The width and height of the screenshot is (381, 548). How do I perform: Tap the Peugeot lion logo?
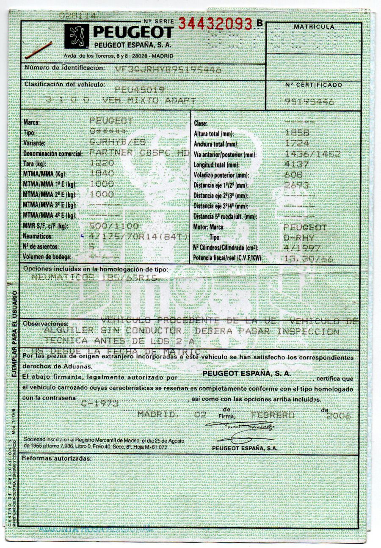(x=77, y=36)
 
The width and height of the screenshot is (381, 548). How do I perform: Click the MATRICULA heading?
(x=314, y=27)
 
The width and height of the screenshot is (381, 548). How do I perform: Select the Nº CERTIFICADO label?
(x=313, y=85)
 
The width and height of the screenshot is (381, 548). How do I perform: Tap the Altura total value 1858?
(x=297, y=132)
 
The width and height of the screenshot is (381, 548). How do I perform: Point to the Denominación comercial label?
(x=53, y=154)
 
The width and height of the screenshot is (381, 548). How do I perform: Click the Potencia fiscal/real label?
(x=227, y=258)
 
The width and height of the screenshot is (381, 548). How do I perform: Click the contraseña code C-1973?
(x=100, y=403)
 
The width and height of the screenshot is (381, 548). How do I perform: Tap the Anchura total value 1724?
(x=297, y=143)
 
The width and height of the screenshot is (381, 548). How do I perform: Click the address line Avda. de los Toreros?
(x=118, y=56)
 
